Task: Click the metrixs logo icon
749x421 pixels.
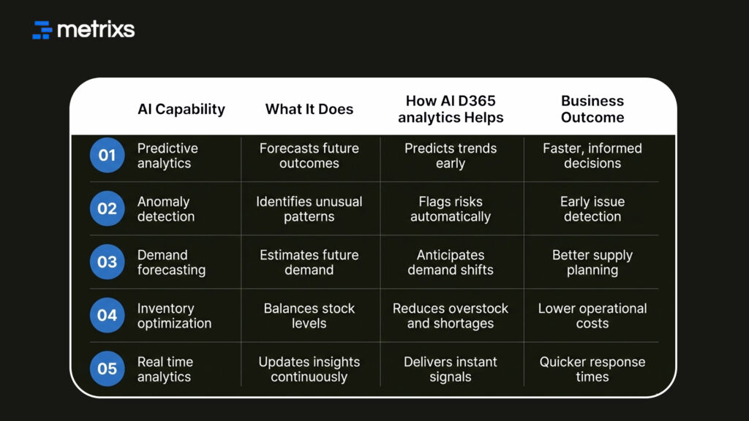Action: pyautogui.click(x=42, y=30)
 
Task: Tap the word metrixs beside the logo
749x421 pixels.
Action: pyautogui.click(x=96, y=30)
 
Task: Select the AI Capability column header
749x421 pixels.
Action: pyautogui.click(x=181, y=110)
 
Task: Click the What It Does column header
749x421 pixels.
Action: pyautogui.click(x=309, y=110)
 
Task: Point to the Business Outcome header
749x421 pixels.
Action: pyautogui.click(x=592, y=110)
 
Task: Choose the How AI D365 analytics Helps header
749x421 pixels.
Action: pyautogui.click(x=451, y=110)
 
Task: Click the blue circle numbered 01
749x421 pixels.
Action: pyautogui.click(x=108, y=155)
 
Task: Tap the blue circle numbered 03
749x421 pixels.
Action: pyautogui.click(x=108, y=262)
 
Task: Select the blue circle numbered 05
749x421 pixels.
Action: pyautogui.click(x=108, y=368)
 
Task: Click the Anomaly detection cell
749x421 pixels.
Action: pyautogui.click(x=166, y=209)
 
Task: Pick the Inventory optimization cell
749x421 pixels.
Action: pyautogui.click(x=174, y=316)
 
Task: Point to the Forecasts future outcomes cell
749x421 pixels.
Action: pyautogui.click(x=309, y=156)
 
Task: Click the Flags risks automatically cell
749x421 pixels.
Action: pyautogui.click(x=451, y=209)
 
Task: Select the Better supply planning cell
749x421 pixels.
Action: pyautogui.click(x=592, y=262)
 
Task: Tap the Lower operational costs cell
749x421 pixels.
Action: pyautogui.click(x=592, y=316)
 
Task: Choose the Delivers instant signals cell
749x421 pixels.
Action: pyautogui.click(x=451, y=369)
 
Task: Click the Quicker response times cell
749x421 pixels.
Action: pyautogui.click(x=592, y=369)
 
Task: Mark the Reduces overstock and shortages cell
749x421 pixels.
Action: pyautogui.click(x=451, y=316)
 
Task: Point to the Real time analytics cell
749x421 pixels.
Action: pyautogui.click(x=165, y=369)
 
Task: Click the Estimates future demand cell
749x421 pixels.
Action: pyautogui.click(x=309, y=262)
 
